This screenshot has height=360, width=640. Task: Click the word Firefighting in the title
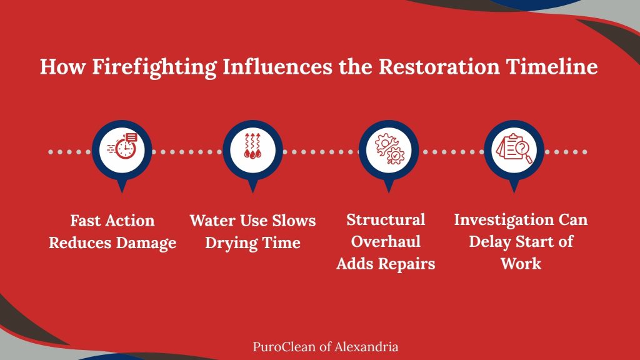coord(154,67)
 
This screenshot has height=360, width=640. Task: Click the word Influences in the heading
coord(277,66)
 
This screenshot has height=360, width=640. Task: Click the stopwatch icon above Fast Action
coord(122,146)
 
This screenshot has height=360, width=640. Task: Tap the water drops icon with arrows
coord(252,146)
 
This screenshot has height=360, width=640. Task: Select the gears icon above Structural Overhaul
coord(389,149)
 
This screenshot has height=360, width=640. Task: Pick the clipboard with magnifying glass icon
coord(514,148)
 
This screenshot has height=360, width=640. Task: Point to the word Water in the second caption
coord(212,221)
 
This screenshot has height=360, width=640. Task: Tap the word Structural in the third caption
coord(386,219)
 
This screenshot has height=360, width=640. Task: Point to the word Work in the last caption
coord(521,264)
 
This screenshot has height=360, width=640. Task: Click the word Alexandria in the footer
coord(366,347)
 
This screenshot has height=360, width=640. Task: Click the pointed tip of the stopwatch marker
coord(122,192)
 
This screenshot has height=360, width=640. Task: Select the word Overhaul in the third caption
coord(386,242)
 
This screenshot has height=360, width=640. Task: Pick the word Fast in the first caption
coord(85,221)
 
